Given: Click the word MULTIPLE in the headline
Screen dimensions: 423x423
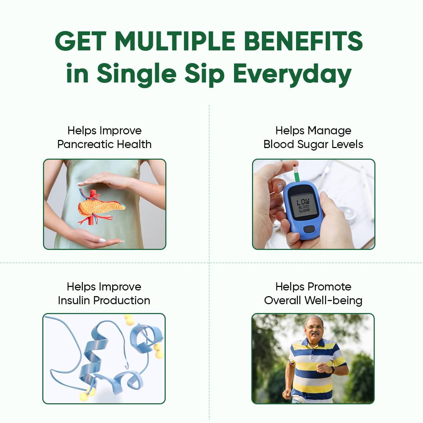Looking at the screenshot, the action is [x=175, y=41].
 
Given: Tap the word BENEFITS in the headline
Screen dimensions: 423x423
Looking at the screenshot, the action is [x=305, y=41].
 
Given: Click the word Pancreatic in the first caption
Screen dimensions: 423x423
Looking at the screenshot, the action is [x=86, y=145].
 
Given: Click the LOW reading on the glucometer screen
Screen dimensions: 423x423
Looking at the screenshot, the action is [x=303, y=202].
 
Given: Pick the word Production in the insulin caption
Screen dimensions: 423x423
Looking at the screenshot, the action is [x=122, y=301].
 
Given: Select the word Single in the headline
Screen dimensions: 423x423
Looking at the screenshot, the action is [x=136, y=74].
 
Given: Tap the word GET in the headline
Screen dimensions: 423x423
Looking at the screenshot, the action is [x=80, y=41].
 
